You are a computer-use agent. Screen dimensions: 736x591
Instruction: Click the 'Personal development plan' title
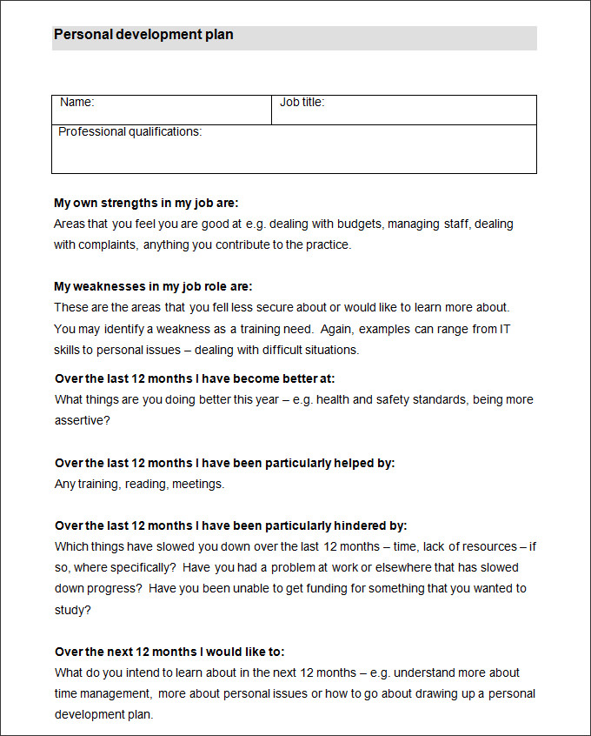(143, 36)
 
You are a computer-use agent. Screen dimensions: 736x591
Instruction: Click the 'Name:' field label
(76, 103)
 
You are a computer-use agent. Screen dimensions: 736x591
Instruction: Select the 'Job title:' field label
(302, 103)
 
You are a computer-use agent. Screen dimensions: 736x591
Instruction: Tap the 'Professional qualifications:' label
(129, 132)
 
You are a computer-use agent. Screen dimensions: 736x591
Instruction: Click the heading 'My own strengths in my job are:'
(146, 203)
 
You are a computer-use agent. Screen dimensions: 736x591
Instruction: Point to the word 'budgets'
(355, 224)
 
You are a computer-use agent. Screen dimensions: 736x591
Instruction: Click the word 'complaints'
(109, 244)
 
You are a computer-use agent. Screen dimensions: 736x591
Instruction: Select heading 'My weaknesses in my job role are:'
(153, 286)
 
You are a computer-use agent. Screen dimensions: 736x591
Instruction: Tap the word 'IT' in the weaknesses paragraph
(505, 329)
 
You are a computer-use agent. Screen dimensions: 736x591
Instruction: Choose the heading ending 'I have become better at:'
(195, 378)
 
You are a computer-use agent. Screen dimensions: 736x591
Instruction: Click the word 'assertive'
(82, 420)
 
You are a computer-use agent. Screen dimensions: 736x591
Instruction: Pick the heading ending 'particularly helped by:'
(224, 463)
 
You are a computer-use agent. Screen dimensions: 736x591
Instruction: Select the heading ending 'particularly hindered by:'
(230, 525)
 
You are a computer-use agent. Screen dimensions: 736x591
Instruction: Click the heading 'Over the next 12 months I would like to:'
(169, 652)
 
